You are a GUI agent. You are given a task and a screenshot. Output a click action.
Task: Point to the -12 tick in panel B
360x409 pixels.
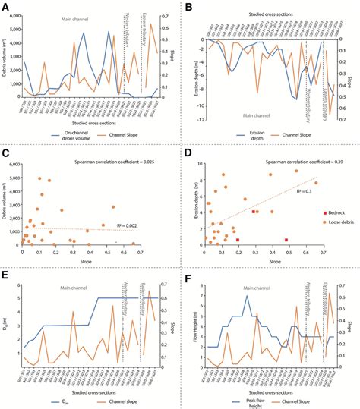pyautogui.click(x=201, y=119)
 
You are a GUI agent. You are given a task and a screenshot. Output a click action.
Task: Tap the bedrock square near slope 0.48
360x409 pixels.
pyautogui.click(x=286, y=239)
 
